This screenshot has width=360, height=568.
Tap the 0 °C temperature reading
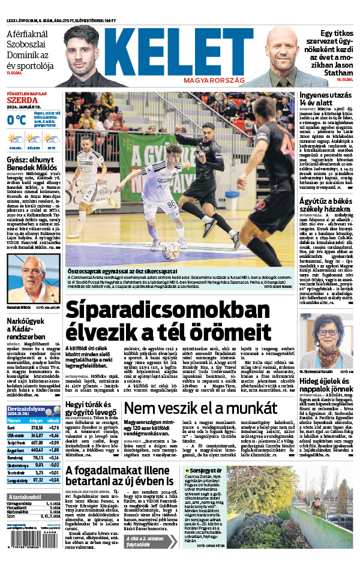click(x=16, y=120)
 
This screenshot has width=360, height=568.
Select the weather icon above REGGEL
click(x=14, y=139)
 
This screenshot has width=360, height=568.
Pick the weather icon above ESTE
click(x=51, y=139)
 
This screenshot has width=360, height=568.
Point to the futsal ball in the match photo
click(x=169, y=251)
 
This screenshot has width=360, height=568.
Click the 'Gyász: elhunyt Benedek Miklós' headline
click(x=32, y=166)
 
